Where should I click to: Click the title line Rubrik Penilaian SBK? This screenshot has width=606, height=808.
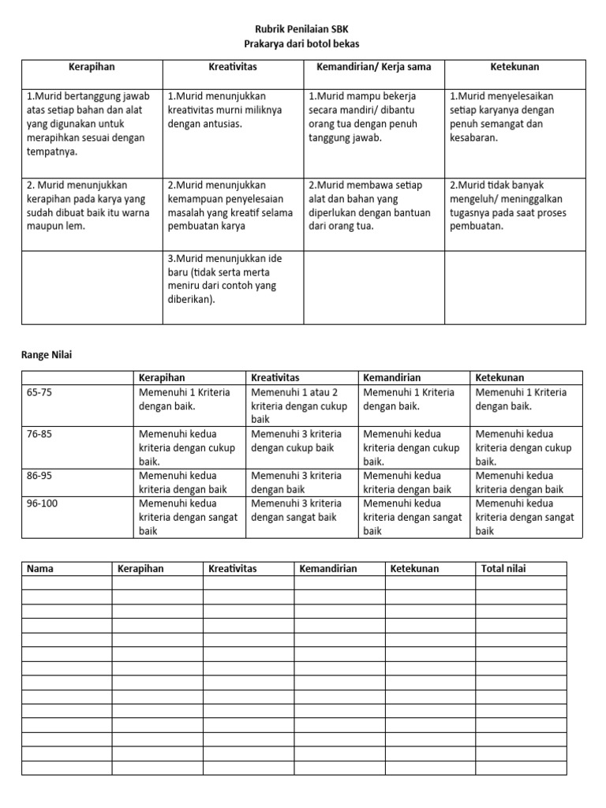click(303, 29)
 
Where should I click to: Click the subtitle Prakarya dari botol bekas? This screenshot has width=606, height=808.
click(303, 43)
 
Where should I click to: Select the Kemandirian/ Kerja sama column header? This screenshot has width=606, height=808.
click(373, 67)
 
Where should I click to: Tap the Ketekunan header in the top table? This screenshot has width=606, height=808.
click(514, 67)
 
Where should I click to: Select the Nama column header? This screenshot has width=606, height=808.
click(40, 569)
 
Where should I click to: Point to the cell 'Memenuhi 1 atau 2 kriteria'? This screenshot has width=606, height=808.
click(301, 406)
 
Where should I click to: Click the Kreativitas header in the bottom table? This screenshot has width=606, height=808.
click(233, 569)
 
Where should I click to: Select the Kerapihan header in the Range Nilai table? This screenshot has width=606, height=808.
click(162, 378)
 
